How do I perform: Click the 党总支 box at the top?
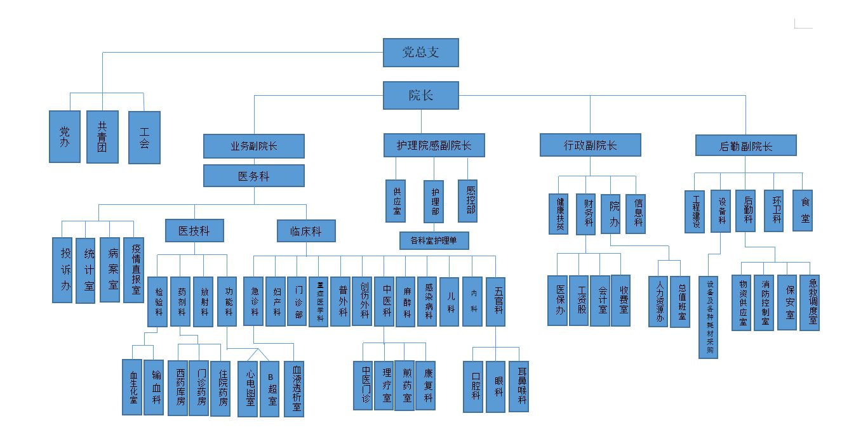point(420,53)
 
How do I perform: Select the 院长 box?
point(420,96)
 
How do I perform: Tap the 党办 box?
point(65,136)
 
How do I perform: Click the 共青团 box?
point(102,136)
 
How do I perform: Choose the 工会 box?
point(144,137)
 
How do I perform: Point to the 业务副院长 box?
point(253,146)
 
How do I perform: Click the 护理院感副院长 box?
point(434,146)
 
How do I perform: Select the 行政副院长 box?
point(590,145)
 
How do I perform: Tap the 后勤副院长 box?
point(745,146)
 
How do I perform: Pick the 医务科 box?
point(253,176)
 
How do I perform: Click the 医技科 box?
point(194,231)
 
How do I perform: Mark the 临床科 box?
point(305,232)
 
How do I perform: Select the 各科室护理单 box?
point(434,240)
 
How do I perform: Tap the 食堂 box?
point(806,211)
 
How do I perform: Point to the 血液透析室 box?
point(294,388)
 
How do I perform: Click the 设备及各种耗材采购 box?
point(709,317)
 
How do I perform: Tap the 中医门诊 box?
point(363,384)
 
